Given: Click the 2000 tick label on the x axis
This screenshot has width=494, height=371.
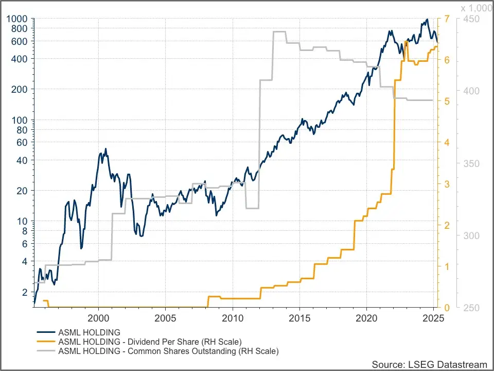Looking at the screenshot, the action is (98, 318).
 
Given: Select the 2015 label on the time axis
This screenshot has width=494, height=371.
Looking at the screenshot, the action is (299, 318).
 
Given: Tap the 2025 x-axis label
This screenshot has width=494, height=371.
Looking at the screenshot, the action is (433, 318).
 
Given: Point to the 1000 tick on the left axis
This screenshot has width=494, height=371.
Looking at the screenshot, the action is (16, 19).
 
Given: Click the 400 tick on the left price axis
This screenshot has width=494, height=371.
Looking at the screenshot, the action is (19, 59).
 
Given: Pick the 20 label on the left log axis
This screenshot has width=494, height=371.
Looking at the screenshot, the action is (22, 191).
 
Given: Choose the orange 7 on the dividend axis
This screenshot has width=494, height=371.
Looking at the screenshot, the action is (447, 19).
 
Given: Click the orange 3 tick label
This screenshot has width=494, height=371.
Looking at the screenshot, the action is (447, 184).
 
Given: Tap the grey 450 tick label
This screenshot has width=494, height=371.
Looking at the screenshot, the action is (471, 19).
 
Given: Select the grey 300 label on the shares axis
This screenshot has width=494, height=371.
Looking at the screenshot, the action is (471, 235).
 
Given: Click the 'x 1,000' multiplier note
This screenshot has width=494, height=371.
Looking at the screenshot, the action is (477, 8).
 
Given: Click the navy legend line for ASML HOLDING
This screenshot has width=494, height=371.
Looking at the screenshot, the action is (46, 332).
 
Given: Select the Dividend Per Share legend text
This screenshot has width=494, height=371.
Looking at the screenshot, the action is (150, 342).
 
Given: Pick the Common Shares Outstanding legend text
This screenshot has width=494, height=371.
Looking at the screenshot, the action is (169, 351).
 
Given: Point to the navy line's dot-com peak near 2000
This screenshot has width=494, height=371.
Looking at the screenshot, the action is (105, 148).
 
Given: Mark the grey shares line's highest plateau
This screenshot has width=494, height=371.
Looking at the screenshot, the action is (279, 31).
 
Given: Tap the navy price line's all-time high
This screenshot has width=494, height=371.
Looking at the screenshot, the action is (427, 19).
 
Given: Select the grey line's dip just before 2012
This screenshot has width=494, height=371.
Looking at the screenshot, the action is (252, 208).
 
